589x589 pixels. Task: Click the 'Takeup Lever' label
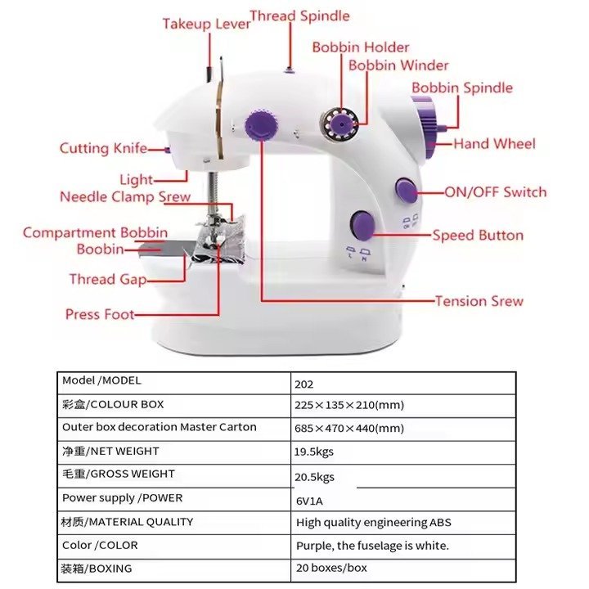click(x=206, y=24)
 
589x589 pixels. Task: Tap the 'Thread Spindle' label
click(x=299, y=16)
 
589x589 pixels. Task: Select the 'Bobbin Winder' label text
click(x=398, y=65)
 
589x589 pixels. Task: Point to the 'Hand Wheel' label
click(x=495, y=144)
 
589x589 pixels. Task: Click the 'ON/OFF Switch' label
click(x=496, y=192)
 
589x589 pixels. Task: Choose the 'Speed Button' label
click(x=478, y=236)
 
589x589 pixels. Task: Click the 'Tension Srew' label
click(x=479, y=301)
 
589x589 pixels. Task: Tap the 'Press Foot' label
click(x=100, y=314)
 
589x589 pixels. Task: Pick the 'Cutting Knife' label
click(x=103, y=148)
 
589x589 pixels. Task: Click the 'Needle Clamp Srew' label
click(x=125, y=197)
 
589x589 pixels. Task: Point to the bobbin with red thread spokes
click(x=337, y=124)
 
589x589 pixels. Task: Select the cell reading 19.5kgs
click(x=314, y=452)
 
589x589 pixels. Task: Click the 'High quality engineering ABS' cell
click(x=373, y=523)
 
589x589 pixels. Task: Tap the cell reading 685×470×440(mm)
click(x=349, y=428)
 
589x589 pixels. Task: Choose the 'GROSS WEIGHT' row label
click(x=119, y=474)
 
